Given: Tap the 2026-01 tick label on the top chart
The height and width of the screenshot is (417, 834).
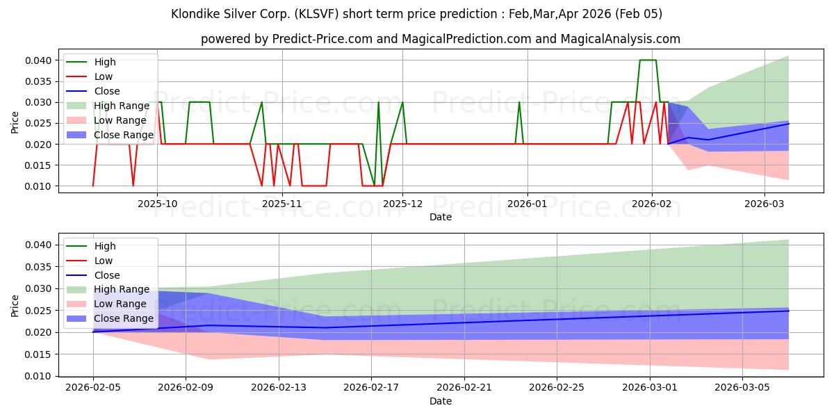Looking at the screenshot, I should tap(527, 204).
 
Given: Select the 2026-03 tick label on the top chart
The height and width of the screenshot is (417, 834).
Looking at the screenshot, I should tap(764, 204).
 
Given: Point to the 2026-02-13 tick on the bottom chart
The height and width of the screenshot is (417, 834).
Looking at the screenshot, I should tap(279, 388).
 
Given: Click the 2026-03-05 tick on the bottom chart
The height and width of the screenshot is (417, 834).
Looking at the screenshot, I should tap(743, 388).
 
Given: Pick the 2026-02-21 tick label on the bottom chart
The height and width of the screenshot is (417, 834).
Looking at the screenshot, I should tap(464, 388).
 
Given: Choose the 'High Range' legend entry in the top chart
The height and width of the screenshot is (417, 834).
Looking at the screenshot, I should tap(122, 106).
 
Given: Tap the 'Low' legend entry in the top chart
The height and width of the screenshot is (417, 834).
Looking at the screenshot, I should tap(104, 76).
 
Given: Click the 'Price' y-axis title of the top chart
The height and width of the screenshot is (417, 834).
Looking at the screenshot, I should tap(15, 123).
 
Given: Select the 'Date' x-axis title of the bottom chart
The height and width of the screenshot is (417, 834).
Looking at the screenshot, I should tap(441, 401).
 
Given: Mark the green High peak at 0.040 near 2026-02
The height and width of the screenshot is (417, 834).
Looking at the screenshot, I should tap(647, 60).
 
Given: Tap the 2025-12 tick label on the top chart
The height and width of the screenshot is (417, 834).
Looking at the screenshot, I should tap(402, 204).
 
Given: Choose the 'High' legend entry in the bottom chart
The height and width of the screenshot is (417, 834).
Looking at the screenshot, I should tap(105, 246).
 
